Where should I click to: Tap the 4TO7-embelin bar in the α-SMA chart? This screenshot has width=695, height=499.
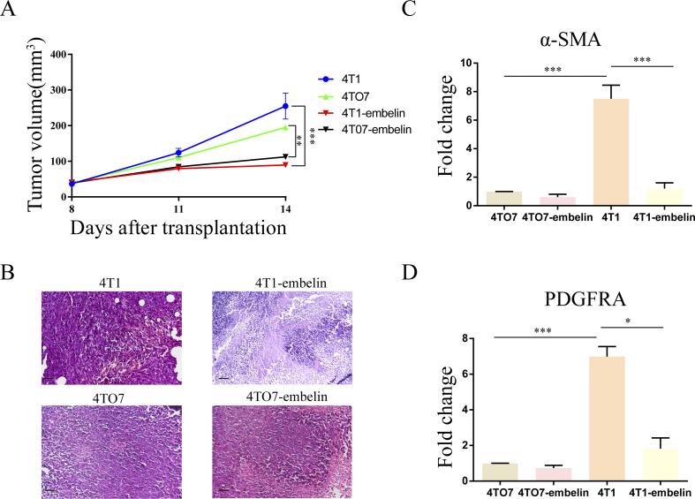click(x=554, y=200)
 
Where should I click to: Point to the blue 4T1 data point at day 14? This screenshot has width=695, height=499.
click(x=285, y=106)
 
